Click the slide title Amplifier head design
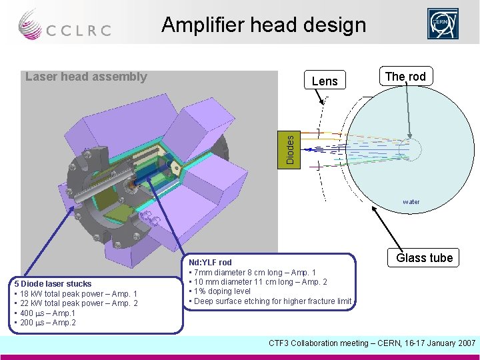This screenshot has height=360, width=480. coord(263,25)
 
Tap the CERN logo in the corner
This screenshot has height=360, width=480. coord(443,24)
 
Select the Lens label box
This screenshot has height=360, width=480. coord(325,81)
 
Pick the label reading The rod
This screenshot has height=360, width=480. coord(405,76)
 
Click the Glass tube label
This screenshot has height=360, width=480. coord(424,258)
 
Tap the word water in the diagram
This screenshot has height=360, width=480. coord(411,201)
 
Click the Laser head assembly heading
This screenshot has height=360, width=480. coord(86,77)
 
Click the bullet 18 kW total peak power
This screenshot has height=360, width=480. coord(77,294)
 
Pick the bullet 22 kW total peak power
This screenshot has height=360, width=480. coord(77,304)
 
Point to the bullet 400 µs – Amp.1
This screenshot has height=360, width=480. coord(45,313)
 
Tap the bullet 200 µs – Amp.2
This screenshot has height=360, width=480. coord(45,323)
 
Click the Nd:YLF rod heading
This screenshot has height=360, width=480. coord(211,263)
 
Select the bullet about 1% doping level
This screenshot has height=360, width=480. coord(222,291)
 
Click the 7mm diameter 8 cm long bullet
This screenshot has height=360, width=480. coord(254,272)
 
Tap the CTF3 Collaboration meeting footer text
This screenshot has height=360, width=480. coord(372,343)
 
